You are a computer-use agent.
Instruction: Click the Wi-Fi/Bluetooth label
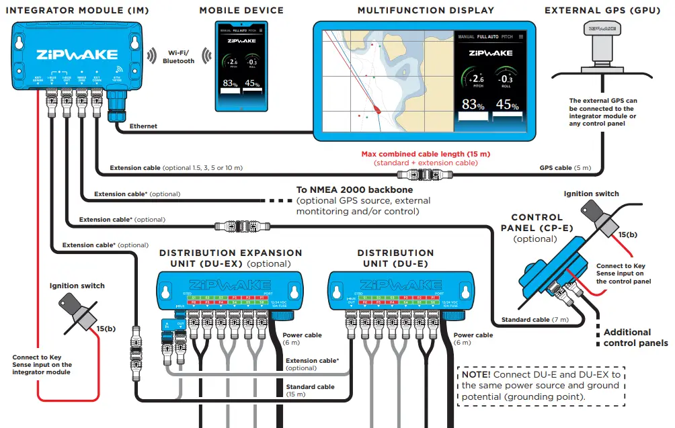coord(178,56)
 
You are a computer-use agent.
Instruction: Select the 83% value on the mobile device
coord(231,83)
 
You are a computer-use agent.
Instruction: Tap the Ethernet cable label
coord(144,126)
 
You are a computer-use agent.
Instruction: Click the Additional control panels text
coord(635,337)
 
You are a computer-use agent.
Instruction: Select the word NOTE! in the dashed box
coord(475,374)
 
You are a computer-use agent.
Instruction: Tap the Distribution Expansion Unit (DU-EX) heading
coord(231,258)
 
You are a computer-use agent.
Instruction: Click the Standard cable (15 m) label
coord(310,390)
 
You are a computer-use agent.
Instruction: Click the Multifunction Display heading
coord(426,11)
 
